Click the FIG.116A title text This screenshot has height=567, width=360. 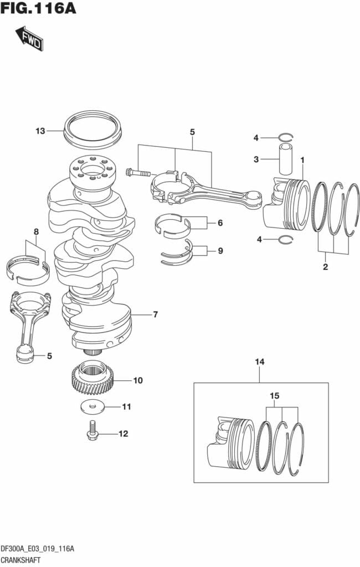click(38, 9)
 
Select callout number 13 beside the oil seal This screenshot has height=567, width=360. click(40, 131)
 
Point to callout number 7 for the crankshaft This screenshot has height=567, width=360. click(156, 315)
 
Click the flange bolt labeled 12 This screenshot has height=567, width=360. click(92, 431)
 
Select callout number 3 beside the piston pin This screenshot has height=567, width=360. click(256, 159)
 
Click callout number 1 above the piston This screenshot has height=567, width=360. click(302, 159)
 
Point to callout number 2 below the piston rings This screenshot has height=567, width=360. click(325, 267)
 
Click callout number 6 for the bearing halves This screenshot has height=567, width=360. click(220, 223)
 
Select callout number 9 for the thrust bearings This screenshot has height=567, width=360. click(220, 251)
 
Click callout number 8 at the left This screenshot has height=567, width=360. click(36, 231)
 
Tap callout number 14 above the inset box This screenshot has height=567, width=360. click(260, 362)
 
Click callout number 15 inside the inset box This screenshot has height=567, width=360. click(275, 396)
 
